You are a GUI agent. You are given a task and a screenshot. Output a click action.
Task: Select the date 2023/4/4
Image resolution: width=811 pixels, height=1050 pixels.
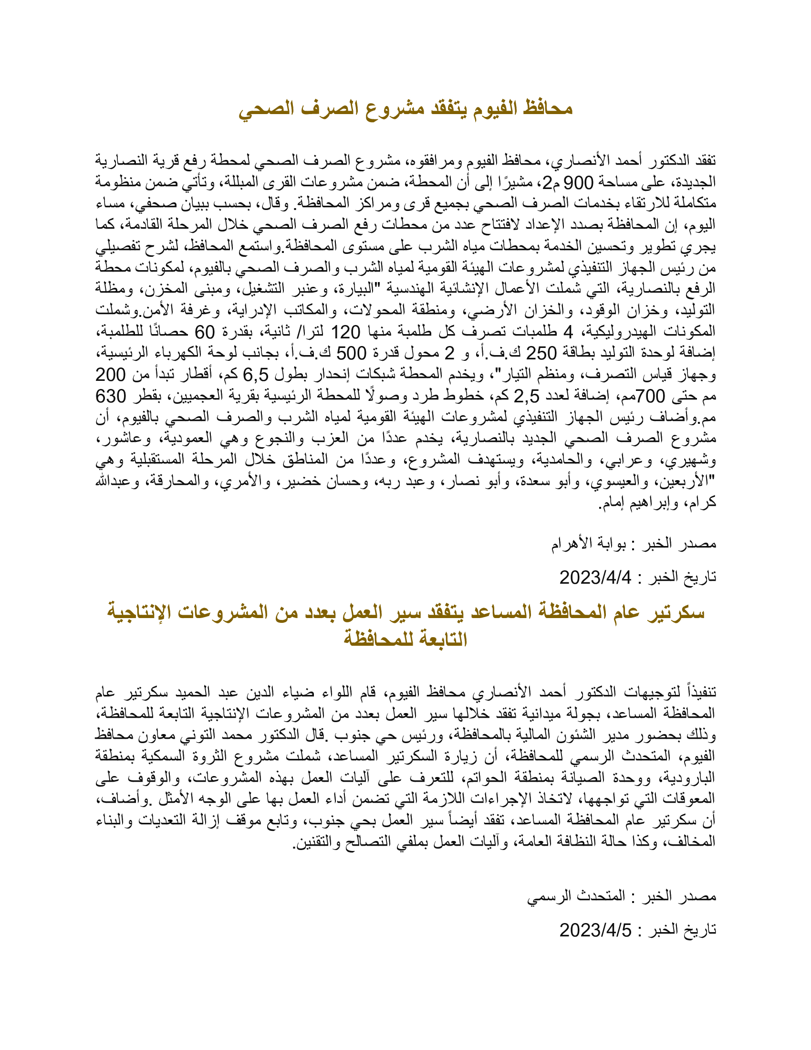point(595,577)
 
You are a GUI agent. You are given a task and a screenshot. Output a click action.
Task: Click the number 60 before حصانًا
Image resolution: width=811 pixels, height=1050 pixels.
point(205,332)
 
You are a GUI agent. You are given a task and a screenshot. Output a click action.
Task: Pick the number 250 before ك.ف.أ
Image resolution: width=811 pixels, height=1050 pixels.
point(541,353)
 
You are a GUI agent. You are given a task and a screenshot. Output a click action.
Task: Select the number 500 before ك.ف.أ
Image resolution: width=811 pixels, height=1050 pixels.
point(351,353)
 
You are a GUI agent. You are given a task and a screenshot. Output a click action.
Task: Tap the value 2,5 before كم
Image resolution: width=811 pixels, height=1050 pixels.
point(527,396)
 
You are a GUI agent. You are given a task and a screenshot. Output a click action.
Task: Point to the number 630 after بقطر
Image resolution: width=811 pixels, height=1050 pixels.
point(111,396)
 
